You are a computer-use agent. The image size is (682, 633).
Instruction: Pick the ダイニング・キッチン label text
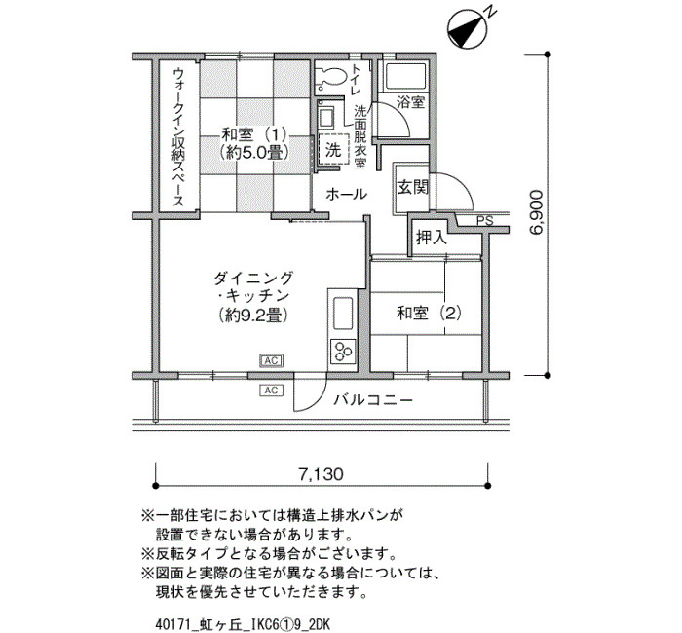coord(251,296)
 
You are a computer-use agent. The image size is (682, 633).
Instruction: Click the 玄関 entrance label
coord(411,187)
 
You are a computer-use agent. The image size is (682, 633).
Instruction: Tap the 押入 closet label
coord(431,236)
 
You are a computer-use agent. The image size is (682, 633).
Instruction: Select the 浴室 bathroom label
coord(410,101)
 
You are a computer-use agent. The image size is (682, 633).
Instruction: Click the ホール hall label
coord(346,194)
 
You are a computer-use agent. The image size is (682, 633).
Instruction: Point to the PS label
coord(484,222)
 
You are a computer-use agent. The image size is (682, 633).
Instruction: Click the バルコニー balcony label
coord(372,400)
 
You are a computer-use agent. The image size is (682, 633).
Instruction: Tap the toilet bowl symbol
coord(330,76)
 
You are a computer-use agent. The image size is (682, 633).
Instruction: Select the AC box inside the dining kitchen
coord(272,360)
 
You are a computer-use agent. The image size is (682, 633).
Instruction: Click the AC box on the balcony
coord(272,391)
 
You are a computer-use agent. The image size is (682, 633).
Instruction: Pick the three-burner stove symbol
coord(344,351)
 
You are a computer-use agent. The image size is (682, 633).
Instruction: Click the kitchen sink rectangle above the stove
coord(344,314)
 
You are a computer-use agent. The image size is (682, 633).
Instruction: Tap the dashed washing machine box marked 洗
coord(332,150)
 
